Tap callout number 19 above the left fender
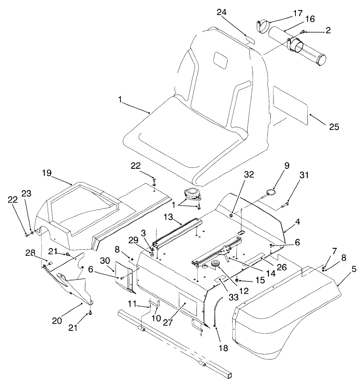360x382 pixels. point(47,172)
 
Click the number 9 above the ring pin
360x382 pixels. point(286,165)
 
